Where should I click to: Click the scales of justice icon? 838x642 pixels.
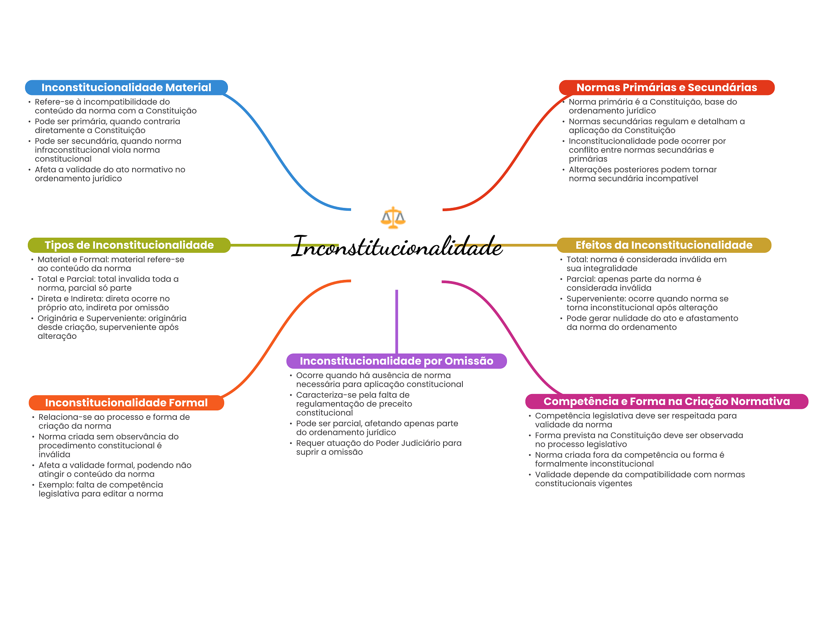[393, 217]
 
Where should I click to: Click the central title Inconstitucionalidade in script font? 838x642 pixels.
[397, 247]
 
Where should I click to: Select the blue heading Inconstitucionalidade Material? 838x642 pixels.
[126, 88]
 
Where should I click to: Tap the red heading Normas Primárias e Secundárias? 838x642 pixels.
[667, 88]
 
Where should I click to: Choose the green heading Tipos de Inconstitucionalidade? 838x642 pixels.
[129, 245]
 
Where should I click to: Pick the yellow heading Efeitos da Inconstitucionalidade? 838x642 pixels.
[664, 245]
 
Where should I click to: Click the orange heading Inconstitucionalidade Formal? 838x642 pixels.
[126, 403]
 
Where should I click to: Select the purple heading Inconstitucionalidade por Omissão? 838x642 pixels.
[396, 361]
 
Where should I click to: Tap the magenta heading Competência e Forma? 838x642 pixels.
[667, 401]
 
